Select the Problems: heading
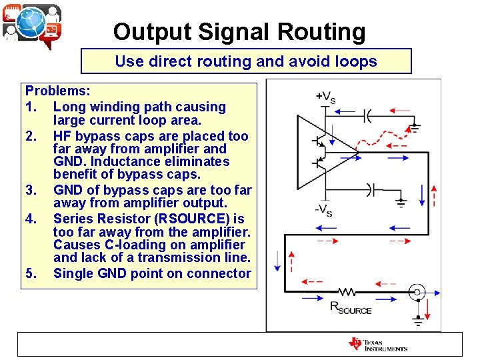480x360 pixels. pyautogui.click(x=58, y=91)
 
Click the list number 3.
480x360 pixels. pyautogui.click(x=31, y=190)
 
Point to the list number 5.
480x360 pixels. pyautogui.click(x=31, y=273)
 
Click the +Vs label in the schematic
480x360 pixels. pyautogui.click(x=325, y=97)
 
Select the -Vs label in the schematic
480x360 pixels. pyautogui.click(x=324, y=211)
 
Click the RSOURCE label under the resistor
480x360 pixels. pyautogui.click(x=351, y=309)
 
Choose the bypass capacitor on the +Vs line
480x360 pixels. pyautogui.click(x=367, y=116)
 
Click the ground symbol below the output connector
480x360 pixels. pyautogui.click(x=418, y=320)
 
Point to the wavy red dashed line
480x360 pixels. pyautogui.click(x=363, y=141)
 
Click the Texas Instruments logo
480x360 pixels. pyautogui.click(x=378, y=344)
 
